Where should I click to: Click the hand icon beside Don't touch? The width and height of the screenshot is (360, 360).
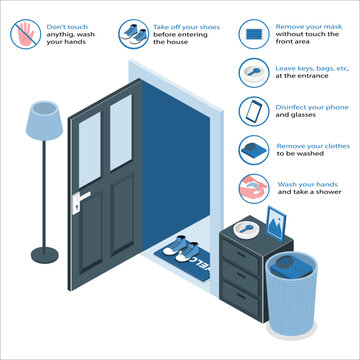(26, 34)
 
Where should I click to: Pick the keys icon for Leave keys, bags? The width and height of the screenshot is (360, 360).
(252, 72)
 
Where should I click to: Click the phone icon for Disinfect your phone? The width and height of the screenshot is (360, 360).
(252, 109)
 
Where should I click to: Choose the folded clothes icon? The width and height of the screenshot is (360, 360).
(252, 150)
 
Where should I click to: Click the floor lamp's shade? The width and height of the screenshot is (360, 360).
(44, 120)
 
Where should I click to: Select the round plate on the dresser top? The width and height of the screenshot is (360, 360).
(245, 229)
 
